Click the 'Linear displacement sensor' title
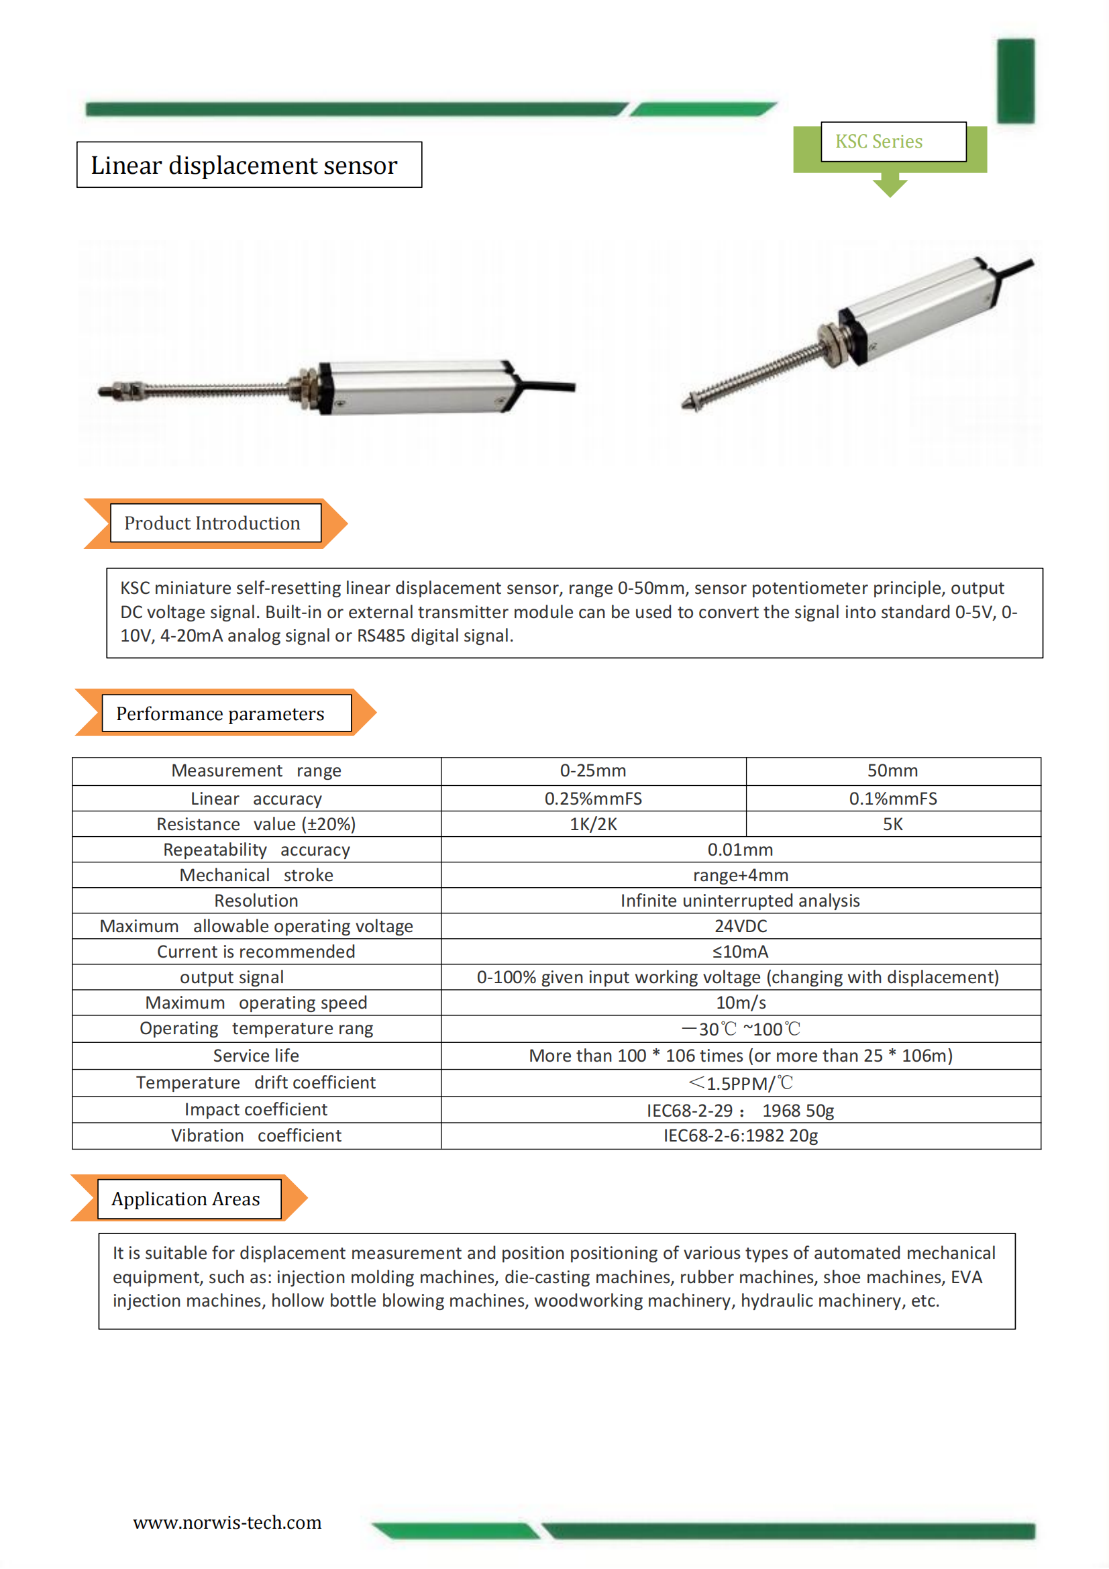(x=244, y=165)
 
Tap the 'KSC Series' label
(x=879, y=142)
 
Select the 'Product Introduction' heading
(x=212, y=523)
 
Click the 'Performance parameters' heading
(x=220, y=713)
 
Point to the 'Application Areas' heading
(x=186, y=1199)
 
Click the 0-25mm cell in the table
(x=592, y=771)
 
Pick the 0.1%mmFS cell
(x=892, y=799)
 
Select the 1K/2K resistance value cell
(x=592, y=824)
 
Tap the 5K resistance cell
(x=892, y=824)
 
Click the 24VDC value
(x=741, y=926)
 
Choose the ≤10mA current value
(x=741, y=952)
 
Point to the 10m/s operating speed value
(x=741, y=1003)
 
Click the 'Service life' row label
(x=256, y=1056)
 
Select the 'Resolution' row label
(x=256, y=901)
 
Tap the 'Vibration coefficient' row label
(x=256, y=1135)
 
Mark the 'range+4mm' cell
(x=741, y=875)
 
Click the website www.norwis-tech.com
(x=227, y=1523)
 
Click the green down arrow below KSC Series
(x=890, y=187)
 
